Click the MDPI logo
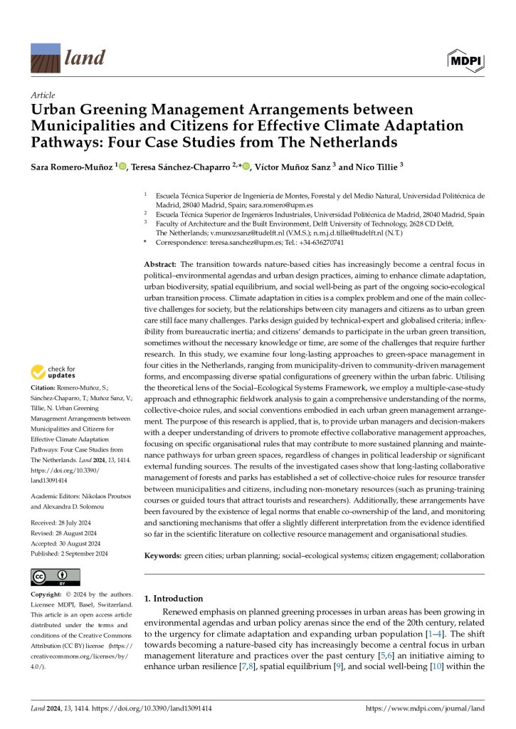tap(465, 61)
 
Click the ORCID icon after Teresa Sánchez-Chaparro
tap(246, 167)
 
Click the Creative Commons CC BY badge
tap(56, 577)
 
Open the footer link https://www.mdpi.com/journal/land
tap(425, 709)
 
